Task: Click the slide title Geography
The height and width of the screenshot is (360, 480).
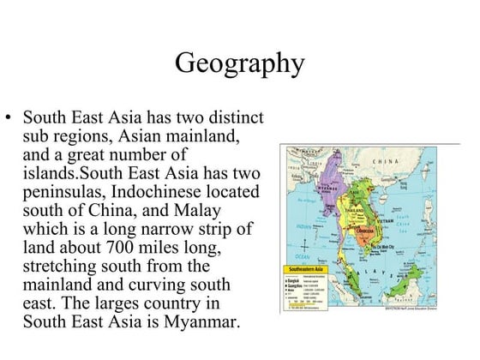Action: pos(239,63)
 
